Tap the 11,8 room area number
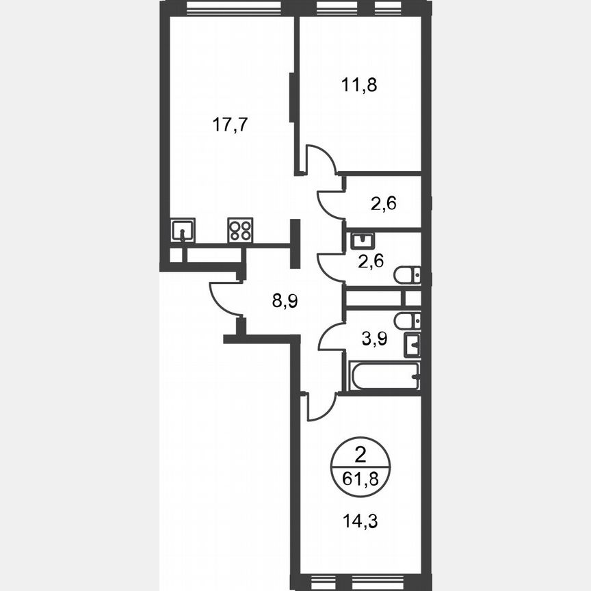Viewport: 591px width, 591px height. pos(359,85)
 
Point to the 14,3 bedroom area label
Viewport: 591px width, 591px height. pos(359,520)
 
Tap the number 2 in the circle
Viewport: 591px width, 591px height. pos(359,452)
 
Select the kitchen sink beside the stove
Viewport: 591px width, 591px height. pos(183,230)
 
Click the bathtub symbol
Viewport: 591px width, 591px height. pos(383,376)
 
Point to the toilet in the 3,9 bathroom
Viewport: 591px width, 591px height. pos(408,320)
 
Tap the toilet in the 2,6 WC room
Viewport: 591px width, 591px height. pos(408,275)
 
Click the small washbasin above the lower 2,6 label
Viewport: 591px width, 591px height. pos(361,241)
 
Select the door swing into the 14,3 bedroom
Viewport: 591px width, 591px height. pos(319,407)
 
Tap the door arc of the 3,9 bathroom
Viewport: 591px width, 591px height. pos(330,337)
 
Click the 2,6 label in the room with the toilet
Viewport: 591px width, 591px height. pos(371,261)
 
